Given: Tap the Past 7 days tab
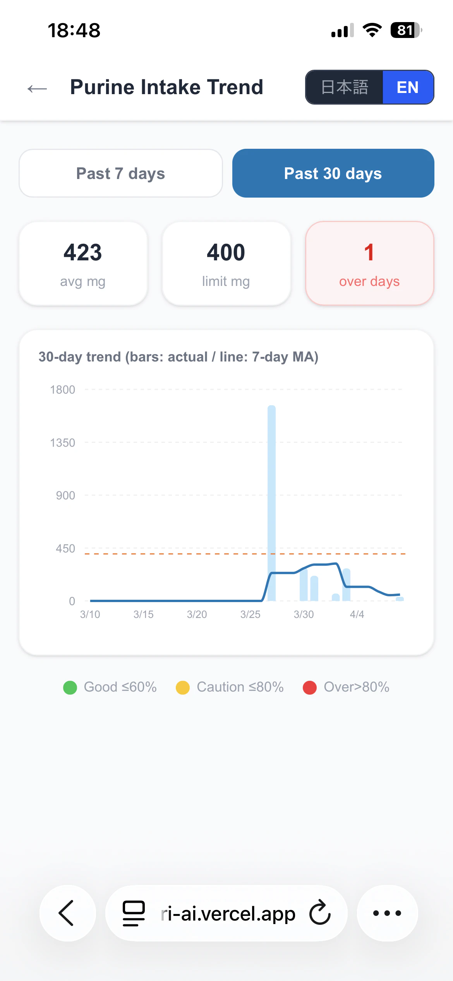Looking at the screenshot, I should (120, 173).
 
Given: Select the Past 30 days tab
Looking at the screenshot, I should (333, 173).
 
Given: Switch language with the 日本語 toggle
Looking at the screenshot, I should (344, 87).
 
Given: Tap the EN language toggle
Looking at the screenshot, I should (408, 87).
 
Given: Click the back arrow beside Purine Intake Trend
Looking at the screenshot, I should (37, 89).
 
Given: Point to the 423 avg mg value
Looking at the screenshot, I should (83, 253).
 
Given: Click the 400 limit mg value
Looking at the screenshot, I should (226, 253).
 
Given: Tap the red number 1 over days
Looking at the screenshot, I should (369, 253).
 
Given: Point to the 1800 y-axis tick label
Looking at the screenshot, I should (62, 390).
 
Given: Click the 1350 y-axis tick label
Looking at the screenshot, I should (62, 443).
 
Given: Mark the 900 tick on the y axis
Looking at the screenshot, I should (65, 496).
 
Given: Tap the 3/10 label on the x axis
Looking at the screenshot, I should (90, 614).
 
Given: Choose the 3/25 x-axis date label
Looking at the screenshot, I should (250, 614).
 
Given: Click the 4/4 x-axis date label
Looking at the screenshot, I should (357, 614).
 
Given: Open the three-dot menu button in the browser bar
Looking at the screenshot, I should (387, 913).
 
